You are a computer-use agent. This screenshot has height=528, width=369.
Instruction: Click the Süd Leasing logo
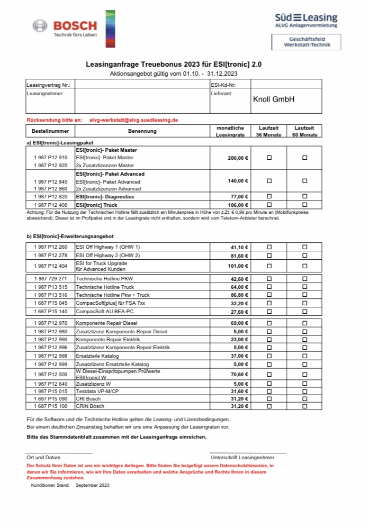(306, 21)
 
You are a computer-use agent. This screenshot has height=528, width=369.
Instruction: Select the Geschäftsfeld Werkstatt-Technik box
(307, 42)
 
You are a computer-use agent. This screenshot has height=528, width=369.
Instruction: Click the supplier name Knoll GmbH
(274, 99)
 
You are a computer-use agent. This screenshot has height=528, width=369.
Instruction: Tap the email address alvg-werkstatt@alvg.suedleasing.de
(133, 120)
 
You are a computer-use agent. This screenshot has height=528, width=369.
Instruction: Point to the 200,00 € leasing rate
(238, 158)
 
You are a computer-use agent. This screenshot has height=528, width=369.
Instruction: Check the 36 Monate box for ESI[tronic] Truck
(269, 204)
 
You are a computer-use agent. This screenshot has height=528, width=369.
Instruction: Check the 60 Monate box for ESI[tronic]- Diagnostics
(304, 196)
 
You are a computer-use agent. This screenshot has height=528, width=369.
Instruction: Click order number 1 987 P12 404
(50, 266)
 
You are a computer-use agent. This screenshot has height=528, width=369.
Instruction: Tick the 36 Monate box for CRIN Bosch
(269, 406)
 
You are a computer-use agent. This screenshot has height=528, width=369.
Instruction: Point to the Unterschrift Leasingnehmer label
(242, 457)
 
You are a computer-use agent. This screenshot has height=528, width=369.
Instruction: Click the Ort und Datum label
(43, 457)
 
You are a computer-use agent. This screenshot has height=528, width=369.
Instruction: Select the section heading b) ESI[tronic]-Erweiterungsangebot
(70, 236)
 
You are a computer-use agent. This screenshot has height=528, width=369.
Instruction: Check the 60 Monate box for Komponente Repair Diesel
(304, 323)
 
